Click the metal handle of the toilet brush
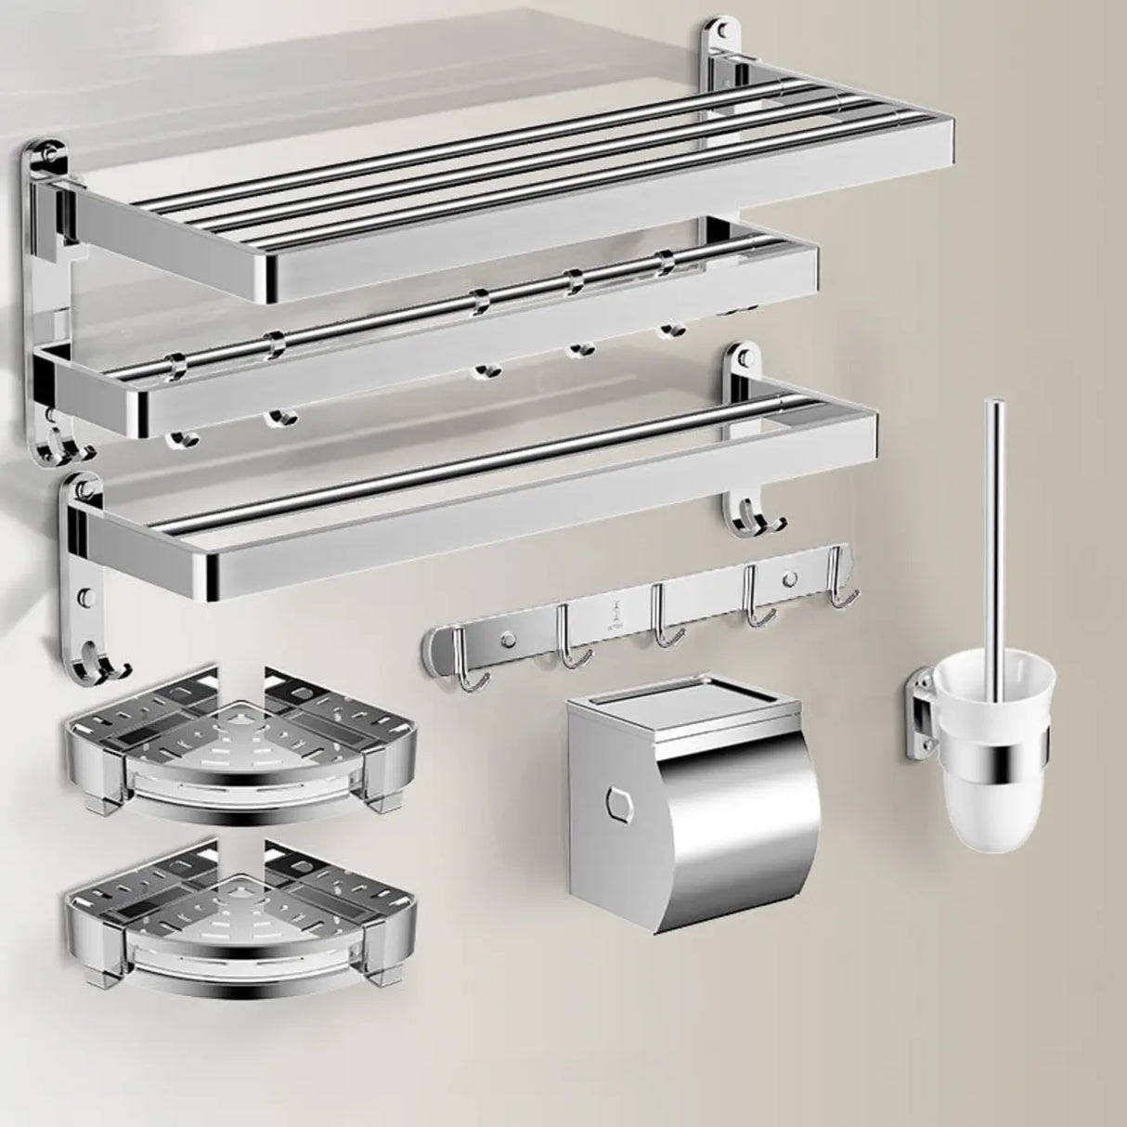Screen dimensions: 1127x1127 (x=996, y=520)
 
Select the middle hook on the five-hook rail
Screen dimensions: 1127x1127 (x=663, y=622)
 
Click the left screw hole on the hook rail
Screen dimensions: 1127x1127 (x=508, y=638)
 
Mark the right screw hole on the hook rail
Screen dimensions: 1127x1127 (x=789, y=579)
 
